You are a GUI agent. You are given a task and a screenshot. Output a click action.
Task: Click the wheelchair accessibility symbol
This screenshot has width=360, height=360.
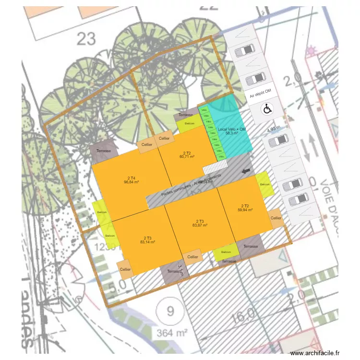tap(267, 109)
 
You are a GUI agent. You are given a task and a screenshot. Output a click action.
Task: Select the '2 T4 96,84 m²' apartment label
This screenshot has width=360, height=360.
tap(131, 180)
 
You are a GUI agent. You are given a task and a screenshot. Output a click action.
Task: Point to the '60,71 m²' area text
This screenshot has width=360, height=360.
tap(187, 157)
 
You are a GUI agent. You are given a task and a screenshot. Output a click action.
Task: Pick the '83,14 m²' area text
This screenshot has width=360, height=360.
tap(147, 241)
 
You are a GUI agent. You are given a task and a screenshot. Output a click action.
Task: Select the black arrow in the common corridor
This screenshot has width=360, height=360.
tap(246, 171)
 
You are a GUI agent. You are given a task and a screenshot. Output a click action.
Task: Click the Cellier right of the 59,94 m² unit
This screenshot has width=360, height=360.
tap(276, 218)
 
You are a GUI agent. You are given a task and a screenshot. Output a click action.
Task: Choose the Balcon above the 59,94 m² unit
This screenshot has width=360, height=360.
tap(264, 184)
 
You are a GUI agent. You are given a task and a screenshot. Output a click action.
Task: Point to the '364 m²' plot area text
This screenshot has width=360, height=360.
tap(170, 332)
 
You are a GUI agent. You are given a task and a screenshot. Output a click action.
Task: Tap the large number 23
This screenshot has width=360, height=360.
tap(86, 38)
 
